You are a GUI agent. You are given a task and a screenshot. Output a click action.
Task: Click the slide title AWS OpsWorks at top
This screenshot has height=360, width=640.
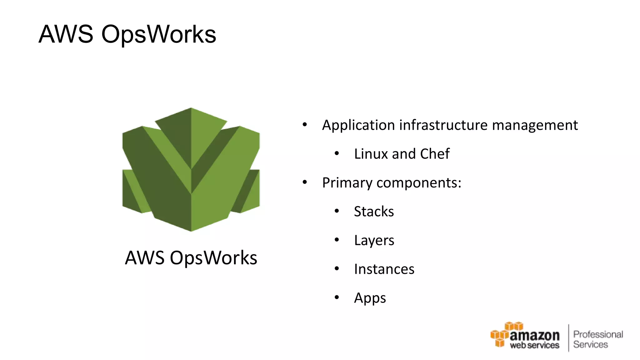(127, 34)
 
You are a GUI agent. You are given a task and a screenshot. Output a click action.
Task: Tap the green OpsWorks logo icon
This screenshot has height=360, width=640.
(191, 169)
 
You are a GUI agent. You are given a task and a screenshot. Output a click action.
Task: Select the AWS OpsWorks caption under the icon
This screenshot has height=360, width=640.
(191, 258)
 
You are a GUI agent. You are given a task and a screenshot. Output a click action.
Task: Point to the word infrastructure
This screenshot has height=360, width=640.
(443, 125)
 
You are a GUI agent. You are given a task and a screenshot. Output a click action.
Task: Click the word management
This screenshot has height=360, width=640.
(535, 125)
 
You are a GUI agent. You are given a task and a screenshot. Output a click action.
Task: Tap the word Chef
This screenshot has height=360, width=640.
(435, 154)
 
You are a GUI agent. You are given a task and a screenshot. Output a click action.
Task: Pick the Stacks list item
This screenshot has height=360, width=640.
(374, 212)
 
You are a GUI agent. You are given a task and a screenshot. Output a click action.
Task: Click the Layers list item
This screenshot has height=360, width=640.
(374, 241)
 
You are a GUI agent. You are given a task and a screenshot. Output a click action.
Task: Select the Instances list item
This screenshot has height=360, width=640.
(384, 269)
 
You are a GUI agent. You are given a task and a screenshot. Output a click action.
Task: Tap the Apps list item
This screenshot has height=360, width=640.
(370, 298)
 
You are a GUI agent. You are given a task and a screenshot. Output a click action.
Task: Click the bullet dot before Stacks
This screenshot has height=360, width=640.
(337, 211)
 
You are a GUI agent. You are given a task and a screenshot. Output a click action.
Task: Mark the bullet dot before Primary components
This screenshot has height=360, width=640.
(305, 182)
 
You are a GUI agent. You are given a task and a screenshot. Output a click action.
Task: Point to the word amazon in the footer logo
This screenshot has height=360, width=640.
(534, 336)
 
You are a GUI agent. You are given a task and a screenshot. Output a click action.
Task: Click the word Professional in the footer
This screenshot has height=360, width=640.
(598, 334)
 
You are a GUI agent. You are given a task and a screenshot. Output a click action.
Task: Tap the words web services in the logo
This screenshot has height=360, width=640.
(534, 345)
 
